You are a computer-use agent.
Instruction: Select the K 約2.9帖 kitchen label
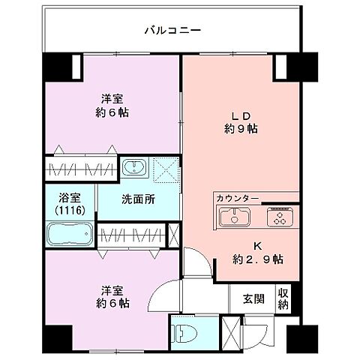[256, 250]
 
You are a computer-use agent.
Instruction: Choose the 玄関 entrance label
[252, 298]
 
